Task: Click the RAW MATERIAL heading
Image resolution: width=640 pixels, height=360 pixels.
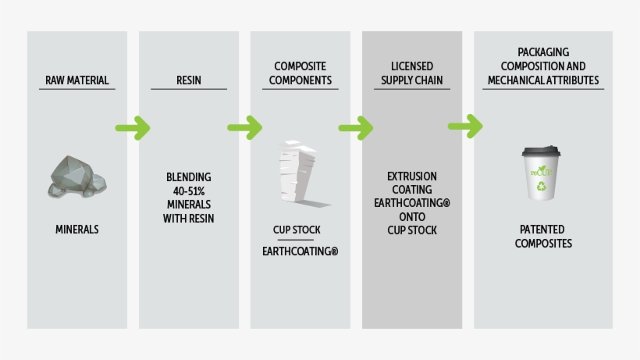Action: click(x=76, y=80)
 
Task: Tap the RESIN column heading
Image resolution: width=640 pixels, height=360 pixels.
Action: click(x=188, y=80)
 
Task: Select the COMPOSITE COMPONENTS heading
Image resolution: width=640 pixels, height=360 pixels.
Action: click(x=300, y=73)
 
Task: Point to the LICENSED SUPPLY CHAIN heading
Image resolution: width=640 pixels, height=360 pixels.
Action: click(x=412, y=73)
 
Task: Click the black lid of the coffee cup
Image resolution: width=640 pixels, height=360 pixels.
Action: click(x=542, y=152)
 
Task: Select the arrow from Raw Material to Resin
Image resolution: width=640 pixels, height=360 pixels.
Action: click(x=133, y=127)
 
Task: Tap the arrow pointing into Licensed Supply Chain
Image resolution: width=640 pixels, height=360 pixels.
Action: click(x=356, y=127)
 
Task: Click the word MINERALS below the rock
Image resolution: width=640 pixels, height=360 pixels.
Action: click(x=77, y=230)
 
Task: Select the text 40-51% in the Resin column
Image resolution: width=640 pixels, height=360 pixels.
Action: click(x=189, y=191)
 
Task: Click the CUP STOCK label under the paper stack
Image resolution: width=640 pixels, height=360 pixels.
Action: click(x=297, y=230)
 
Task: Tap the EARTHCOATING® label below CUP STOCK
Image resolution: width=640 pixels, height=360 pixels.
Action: click(x=300, y=251)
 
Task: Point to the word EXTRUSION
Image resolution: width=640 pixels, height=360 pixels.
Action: click(x=412, y=176)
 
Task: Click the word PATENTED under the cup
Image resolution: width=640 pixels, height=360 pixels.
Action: click(x=542, y=230)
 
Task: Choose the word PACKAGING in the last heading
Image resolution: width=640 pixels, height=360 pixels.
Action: click(x=543, y=52)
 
